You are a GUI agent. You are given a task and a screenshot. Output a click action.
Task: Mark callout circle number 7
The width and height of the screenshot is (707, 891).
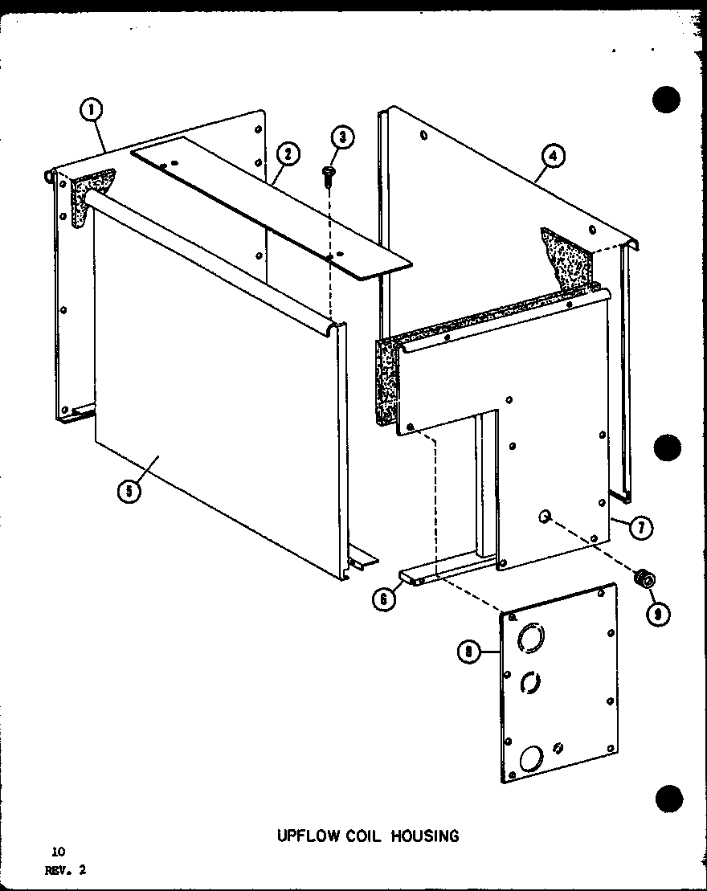[x=641, y=528]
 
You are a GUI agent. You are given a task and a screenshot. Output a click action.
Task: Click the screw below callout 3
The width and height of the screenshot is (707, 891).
[x=328, y=174]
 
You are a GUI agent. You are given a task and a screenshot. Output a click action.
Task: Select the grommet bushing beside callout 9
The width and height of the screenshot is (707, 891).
[x=643, y=577]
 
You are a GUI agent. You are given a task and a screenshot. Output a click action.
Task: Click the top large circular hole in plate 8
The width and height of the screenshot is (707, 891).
[x=531, y=640]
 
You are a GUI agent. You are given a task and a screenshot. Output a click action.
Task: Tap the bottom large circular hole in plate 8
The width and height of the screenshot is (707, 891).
[x=530, y=758]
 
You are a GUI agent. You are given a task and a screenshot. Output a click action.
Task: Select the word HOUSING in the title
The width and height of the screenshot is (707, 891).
[x=431, y=836]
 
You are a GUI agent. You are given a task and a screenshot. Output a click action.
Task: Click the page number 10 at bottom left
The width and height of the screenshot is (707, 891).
[x=57, y=851]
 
